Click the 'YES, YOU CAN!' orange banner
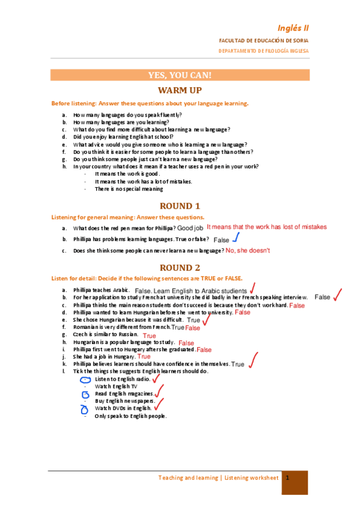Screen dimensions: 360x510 (x=180, y=75)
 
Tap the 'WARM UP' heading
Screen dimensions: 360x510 (x=180, y=90)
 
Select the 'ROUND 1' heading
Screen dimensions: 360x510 (x=180, y=206)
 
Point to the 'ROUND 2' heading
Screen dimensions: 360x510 (x=180, y=268)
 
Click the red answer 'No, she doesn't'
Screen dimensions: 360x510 (x=248, y=250)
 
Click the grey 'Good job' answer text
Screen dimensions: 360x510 (x=190, y=229)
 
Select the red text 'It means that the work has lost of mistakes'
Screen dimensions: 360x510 (x=266, y=227)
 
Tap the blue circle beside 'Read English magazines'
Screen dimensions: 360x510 (x=85, y=395)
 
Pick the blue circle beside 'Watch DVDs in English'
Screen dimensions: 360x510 (x=85, y=409)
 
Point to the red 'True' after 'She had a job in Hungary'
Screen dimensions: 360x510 (x=144, y=357)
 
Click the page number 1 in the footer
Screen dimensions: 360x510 (x=288, y=478)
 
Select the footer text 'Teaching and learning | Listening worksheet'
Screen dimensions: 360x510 (x=218, y=478)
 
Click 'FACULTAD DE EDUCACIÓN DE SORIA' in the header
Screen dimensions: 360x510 (x=263, y=40)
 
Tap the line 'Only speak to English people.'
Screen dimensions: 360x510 (x=130, y=416)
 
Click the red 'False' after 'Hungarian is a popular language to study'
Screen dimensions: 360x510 (x=186, y=343)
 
